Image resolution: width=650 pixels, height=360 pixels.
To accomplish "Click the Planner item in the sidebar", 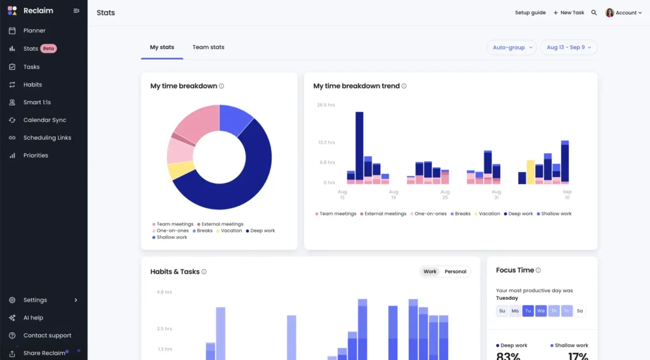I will click(x=34, y=30).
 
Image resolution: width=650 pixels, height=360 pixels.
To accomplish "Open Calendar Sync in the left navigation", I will click(x=44, y=120).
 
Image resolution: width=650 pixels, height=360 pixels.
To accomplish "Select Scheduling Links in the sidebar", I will click(x=47, y=138).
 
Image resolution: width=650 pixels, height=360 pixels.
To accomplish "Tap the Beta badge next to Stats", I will click(x=49, y=48).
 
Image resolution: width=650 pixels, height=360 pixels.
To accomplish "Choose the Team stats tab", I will click(x=208, y=47).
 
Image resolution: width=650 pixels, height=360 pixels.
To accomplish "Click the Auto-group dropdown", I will click(x=511, y=48).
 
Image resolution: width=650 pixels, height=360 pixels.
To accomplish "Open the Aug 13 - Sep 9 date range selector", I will click(x=568, y=48).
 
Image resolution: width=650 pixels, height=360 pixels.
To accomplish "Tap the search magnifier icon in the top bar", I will click(x=594, y=13).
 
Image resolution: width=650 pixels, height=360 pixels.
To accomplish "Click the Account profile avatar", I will click(x=610, y=13).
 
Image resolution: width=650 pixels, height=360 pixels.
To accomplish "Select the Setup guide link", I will click(x=530, y=13).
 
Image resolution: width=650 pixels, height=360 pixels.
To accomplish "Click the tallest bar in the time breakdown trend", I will click(x=359, y=146).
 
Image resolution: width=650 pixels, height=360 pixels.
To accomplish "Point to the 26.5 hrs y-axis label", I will click(x=326, y=105).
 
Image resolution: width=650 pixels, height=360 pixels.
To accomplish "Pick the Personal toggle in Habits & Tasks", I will click(x=455, y=272).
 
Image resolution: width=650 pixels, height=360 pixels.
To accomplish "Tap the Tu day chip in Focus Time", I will click(x=528, y=311).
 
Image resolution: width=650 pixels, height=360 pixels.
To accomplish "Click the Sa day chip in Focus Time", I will click(x=580, y=311).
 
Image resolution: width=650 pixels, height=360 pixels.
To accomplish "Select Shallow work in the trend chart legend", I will click(x=556, y=214).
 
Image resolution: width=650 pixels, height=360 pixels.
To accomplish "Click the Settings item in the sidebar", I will click(x=35, y=300).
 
